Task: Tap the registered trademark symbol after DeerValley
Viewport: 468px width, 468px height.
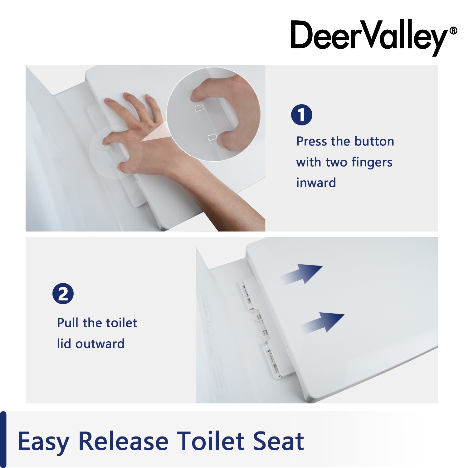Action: pyautogui.click(x=453, y=31)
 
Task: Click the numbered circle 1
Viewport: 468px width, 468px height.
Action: pyautogui.click(x=301, y=115)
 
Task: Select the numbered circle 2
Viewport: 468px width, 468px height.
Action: pyautogui.click(x=63, y=294)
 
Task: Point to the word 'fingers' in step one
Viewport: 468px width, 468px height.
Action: pyautogui.click(x=372, y=163)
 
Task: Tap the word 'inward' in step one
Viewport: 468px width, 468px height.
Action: pyautogui.click(x=316, y=183)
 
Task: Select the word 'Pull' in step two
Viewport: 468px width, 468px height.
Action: pyautogui.click(x=68, y=323)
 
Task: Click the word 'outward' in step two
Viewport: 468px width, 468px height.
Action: pyautogui.click(x=100, y=344)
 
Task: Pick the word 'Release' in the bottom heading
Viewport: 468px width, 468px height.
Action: pyautogui.click(x=123, y=441)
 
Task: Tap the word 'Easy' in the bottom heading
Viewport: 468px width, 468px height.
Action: pyautogui.click(x=43, y=442)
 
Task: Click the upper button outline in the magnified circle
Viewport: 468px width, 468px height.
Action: pyautogui.click(x=199, y=108)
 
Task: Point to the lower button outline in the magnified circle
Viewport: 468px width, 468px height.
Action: pyautogui.click(x=212, y=136)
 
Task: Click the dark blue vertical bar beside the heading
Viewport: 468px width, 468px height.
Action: pyautogui.click(x=3, y=439)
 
